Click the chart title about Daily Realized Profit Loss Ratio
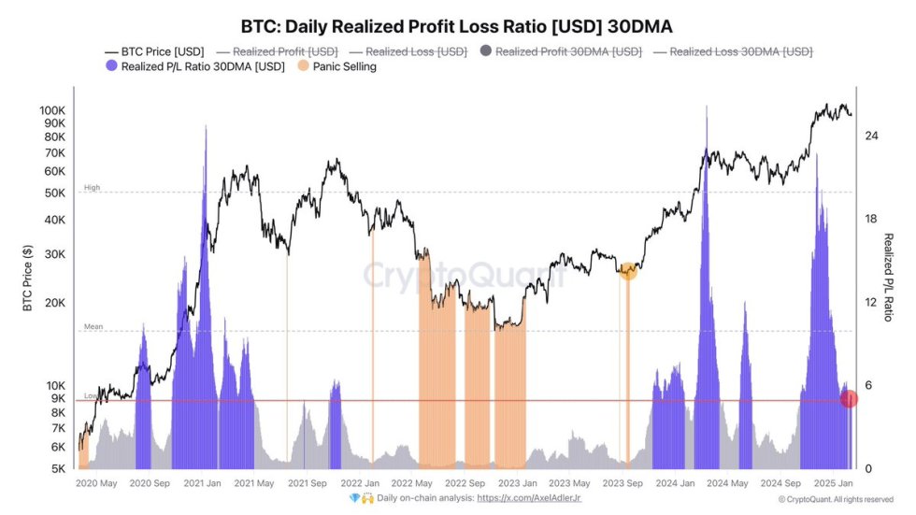[457, 26]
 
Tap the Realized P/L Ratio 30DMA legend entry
[196, 67]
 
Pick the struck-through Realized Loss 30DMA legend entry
[733, 52]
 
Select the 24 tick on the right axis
[871, 136]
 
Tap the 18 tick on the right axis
[871, 219]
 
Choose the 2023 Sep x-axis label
[622, 484]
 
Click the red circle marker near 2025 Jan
[849, 399]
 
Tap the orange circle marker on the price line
[628, 271]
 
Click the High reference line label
[92, 188]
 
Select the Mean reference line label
[93, 327]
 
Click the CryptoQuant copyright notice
[837, 500]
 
